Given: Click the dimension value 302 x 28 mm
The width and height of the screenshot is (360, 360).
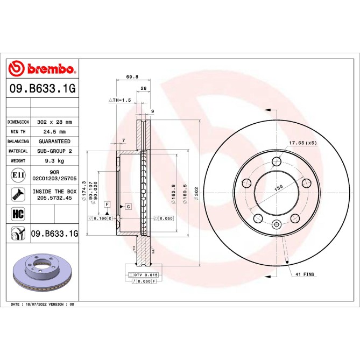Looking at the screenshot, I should pos(54,122).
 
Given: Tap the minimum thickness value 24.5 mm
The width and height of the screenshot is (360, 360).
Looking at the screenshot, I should pos(54,132).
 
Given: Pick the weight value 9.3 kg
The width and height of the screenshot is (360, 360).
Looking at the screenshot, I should pos(54,161).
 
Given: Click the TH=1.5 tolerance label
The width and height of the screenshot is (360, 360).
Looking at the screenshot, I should pos(120,100).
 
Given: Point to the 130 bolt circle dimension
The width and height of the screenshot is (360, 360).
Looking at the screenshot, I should pos(278,188).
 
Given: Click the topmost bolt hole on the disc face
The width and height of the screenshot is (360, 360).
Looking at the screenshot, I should pos(277,161).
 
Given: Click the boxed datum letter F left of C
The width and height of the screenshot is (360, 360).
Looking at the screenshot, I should pos(108,205).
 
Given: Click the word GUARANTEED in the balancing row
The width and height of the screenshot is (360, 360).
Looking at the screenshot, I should pos(54,142).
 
